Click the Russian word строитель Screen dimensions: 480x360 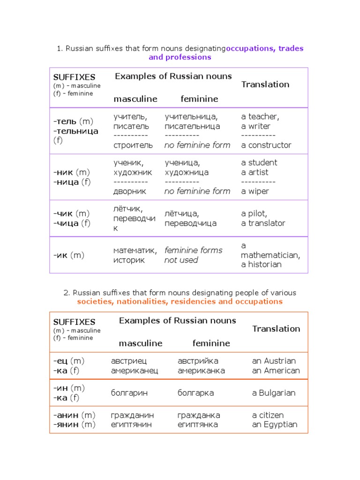click(133, 145)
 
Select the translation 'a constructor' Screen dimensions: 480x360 click(266, 145)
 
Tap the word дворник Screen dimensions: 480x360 click(130, 191)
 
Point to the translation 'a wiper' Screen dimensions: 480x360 click(255, 191)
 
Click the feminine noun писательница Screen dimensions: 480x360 click(192, 126)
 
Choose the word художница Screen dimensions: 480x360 click(187, 172)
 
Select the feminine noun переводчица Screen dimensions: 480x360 click(190, 223)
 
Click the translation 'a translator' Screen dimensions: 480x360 click(263, 223)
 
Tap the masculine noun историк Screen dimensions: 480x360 click(129, 260)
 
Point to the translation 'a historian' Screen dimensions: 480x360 click(261, 264)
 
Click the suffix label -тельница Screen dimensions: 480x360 click(75, 131)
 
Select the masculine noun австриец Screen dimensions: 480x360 click(129, 361)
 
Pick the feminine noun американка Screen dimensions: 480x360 click(201, 371)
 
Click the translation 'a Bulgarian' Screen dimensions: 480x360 click(274, 393)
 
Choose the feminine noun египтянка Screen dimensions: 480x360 click(197, 425)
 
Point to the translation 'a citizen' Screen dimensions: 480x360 click(268, 415)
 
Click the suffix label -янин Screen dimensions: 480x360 click(66, 425)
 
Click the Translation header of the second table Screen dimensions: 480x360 click(276, 329)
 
